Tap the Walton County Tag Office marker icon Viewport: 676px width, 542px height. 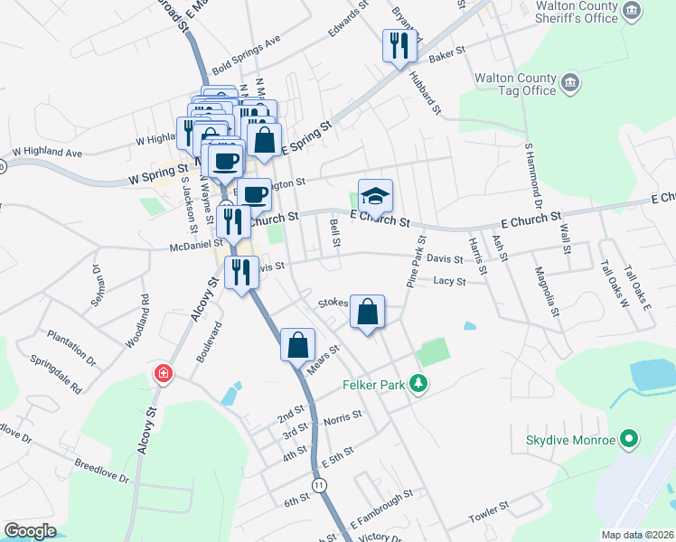click(570, 84)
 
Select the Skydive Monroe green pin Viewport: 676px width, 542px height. click(631, 441)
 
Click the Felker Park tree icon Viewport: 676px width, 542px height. click(418, 384)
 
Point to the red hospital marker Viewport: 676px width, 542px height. click(164, 372)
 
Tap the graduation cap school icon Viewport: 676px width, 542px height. click(377, 195)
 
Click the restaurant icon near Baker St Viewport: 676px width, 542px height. click(399, 46)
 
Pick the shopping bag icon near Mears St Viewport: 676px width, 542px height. click(298, 344)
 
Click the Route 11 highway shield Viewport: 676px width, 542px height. click(319, 485)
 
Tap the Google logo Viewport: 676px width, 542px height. click(30, 531)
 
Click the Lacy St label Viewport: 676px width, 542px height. click(448, 282)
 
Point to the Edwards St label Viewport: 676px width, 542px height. click(349, 17)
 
